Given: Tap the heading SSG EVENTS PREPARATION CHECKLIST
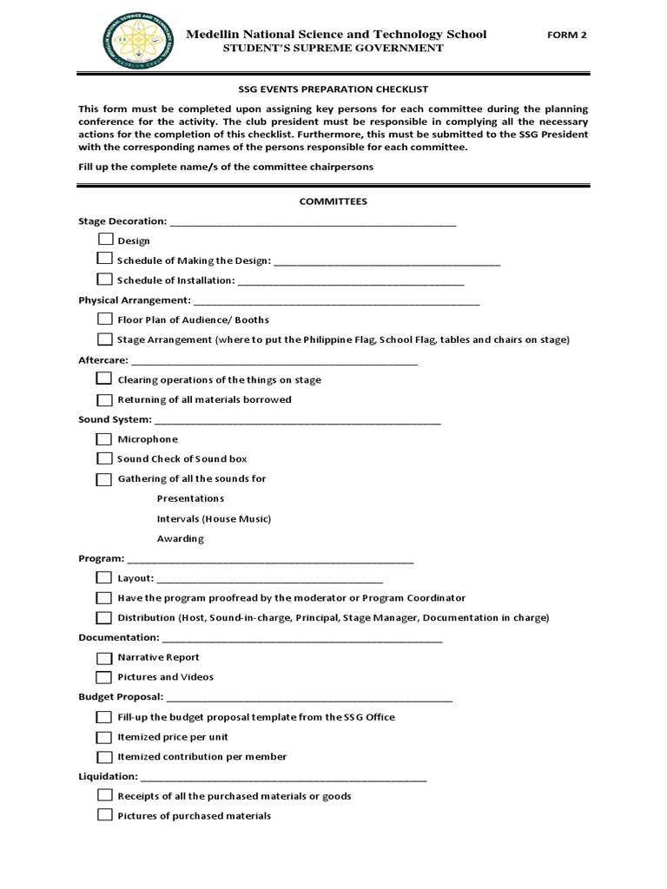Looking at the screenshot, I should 333,89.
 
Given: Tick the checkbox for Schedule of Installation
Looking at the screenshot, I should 104,280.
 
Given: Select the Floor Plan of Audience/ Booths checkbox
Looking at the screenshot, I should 104,319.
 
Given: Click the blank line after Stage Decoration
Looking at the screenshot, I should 313,223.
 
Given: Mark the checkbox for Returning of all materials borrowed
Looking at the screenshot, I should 104,399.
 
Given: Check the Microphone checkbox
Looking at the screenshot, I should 104,438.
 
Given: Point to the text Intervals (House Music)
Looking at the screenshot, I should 214,518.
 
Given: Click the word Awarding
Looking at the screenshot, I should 180,538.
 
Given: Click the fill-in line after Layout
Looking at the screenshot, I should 269,579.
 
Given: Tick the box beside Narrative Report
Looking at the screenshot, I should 104,657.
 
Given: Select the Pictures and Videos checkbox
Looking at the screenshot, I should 104,677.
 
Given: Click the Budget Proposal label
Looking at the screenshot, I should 120,696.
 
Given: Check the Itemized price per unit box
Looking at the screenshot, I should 104,737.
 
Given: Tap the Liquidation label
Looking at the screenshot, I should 108,776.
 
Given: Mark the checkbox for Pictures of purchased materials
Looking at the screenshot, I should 104,815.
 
